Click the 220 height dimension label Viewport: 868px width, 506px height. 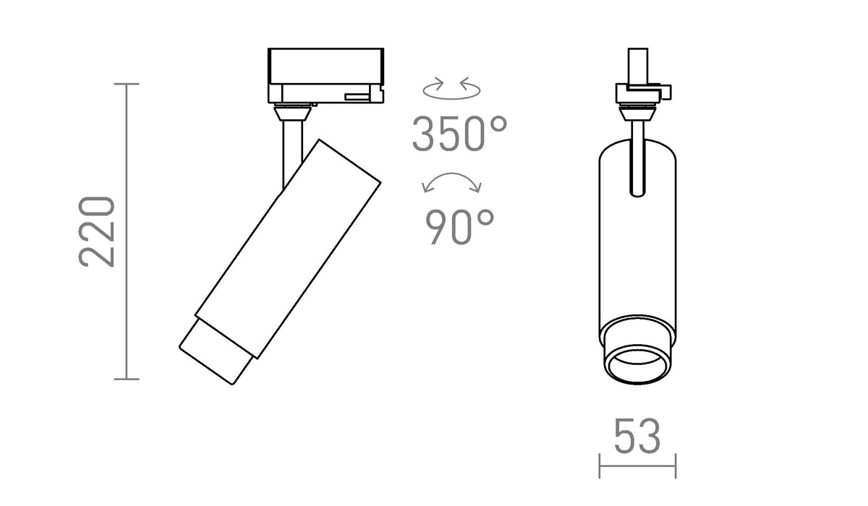97,232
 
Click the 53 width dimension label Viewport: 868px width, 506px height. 637,437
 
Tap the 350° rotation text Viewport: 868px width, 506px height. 459,134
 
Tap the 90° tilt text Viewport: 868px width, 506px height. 459,227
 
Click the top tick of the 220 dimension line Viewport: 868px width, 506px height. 127,84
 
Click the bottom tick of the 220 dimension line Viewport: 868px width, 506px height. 127,379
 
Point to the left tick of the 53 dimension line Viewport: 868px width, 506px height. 600,466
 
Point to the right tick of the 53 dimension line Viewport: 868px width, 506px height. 676,466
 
